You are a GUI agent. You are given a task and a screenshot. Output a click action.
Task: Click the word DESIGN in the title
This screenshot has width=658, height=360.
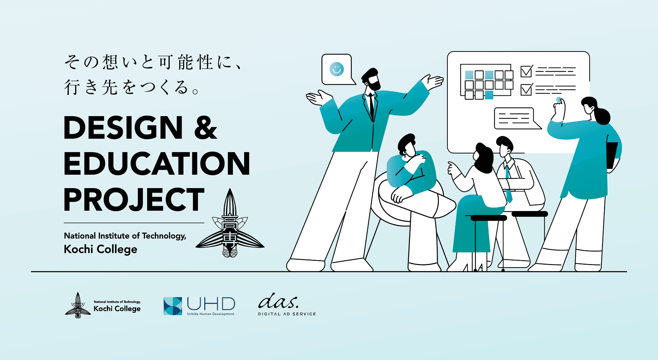[123, 128]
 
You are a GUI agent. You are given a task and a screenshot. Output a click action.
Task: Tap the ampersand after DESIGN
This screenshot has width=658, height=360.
[206, 128]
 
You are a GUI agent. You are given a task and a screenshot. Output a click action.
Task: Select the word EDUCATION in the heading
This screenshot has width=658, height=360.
[157, 163]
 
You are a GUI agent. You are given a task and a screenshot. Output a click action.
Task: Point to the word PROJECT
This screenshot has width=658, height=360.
[134, 200]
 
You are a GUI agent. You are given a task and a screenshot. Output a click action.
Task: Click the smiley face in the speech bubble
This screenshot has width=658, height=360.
[337, 69]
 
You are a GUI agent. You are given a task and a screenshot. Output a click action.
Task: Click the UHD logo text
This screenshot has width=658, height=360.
[211, 304]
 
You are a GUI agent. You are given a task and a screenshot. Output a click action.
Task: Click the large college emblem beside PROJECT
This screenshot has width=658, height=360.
[230, 224]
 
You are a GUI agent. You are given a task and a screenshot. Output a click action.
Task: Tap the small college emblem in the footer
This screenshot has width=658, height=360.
[78, 306]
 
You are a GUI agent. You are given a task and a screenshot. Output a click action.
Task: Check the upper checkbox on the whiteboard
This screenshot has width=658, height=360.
[526, 71]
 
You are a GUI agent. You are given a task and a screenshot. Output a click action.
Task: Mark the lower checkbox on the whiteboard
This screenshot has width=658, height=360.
[526, 89]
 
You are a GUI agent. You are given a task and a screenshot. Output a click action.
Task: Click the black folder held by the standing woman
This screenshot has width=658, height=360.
[611, 155]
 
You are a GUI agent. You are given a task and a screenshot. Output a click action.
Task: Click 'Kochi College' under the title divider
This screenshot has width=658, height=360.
[101, 249]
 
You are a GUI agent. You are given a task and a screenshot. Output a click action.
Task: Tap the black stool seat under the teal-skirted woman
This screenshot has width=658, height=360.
[489, 218]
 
